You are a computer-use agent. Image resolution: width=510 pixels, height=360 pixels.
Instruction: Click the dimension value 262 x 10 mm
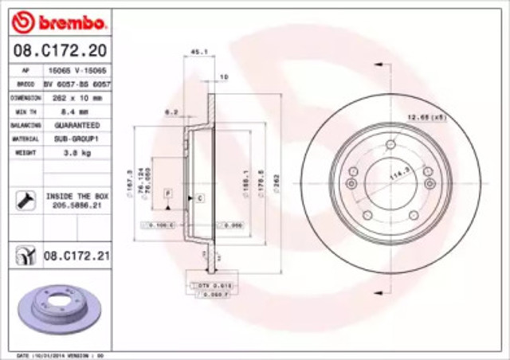(x=76, y=98)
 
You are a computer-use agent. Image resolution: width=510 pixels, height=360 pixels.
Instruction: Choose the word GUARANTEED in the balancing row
(x=76, y=125)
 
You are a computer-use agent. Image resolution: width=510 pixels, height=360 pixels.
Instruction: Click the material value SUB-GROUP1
(x=76, y=139)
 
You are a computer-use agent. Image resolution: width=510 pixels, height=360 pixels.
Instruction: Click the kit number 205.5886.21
(x=76, y=204)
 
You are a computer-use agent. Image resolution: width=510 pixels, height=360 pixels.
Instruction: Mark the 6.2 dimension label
(x=171, y=112)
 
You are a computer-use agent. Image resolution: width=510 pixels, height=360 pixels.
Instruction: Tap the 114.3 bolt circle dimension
(x=396, y=174)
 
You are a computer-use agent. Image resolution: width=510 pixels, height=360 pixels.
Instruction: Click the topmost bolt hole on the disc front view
(x=390, y=145)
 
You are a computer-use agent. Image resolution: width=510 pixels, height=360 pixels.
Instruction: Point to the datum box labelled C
(x=199, y=197)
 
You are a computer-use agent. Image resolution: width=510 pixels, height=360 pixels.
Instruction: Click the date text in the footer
(x=55, y=354)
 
